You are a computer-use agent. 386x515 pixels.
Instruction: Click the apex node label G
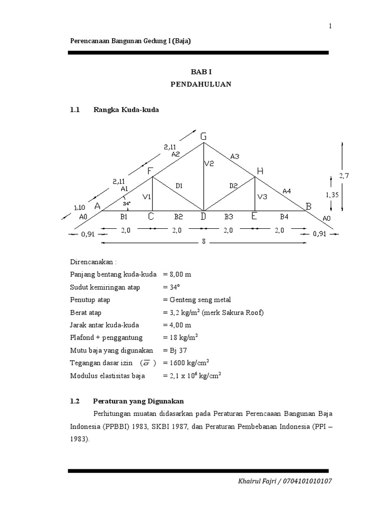pos(204,136)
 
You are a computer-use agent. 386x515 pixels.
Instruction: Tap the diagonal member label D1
pos(178,186)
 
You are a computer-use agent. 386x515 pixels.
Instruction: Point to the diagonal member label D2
pos(233,186)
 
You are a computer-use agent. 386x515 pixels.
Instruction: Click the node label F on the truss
pos(150,171)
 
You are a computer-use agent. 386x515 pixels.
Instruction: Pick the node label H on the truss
pos(260,171)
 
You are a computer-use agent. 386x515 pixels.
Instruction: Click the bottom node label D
pos(204,217)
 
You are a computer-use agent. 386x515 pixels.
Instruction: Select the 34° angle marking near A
pos(127,204)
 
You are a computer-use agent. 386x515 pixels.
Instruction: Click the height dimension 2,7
pos(344,176)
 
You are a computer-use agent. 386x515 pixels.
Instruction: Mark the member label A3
pos(235,156)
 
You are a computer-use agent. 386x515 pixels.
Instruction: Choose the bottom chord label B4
pos(284,217)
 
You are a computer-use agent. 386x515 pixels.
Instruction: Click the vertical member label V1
pos(147,197)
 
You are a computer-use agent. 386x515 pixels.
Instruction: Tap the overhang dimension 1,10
pos(79,207)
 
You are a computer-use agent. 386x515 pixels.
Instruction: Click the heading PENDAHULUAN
pos(201,84)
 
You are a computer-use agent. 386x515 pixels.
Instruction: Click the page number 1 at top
pos(330,27)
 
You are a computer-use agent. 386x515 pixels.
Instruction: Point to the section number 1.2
pos(75,401)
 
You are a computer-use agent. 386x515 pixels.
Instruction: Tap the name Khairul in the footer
pos(250,481)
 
